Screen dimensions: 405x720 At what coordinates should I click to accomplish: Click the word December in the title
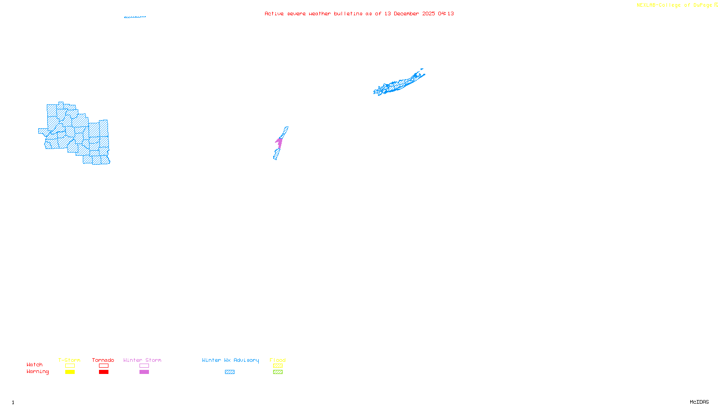(x=406, y=14)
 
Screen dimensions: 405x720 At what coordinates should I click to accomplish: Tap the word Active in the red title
(x=274, y=14)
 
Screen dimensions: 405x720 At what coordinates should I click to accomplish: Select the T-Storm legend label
(x=69, y=360)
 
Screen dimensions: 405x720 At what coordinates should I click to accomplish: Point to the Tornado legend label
(x=103, y=360)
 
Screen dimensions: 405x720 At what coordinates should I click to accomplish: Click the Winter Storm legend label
(x=142, y=360)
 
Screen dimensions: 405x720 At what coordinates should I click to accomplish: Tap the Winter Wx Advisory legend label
(x=230, y=360)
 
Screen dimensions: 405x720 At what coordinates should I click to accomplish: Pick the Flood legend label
(x=278, y=360)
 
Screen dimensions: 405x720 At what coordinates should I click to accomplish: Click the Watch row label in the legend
(x=35, y=365)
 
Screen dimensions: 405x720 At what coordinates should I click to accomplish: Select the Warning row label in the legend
(x=38, y=372)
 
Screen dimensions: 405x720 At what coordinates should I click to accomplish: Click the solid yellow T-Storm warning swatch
(x=70, y=372)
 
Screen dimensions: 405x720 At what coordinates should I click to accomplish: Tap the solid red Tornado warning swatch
(x=104, y=372)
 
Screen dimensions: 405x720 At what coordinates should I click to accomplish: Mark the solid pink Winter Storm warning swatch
(x=144, y=372)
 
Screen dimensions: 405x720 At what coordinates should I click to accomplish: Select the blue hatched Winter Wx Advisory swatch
(x=229, y=372)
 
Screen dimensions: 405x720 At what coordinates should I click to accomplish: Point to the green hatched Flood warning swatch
(x=278, y=372)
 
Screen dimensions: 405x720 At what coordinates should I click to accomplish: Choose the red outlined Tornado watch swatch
(x=104, y=366)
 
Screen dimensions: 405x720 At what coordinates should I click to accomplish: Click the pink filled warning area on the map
(x=279, y=143)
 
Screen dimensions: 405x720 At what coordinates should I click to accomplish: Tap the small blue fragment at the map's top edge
(x=135, y=17)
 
